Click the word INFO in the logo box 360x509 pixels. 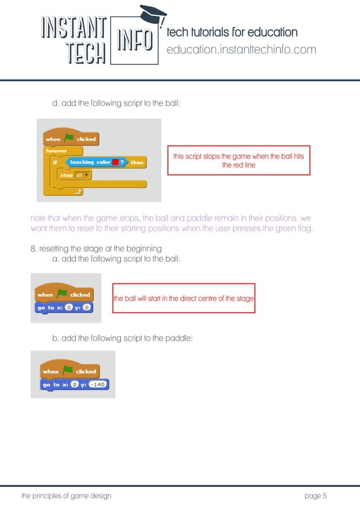134,40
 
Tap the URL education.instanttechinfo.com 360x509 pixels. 242,50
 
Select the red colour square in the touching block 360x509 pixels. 116,163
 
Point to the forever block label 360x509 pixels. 56,151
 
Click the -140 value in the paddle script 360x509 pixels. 98,384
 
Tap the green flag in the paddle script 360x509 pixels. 68,371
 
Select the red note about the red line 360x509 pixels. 239,161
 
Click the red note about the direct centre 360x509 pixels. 184,298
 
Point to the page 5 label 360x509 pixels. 315,496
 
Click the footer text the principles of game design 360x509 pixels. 66,496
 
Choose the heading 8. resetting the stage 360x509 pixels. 96,248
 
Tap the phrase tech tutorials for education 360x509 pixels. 232,32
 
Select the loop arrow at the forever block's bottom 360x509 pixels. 78,192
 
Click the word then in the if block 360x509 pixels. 137,163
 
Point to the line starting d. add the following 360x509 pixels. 116,104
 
